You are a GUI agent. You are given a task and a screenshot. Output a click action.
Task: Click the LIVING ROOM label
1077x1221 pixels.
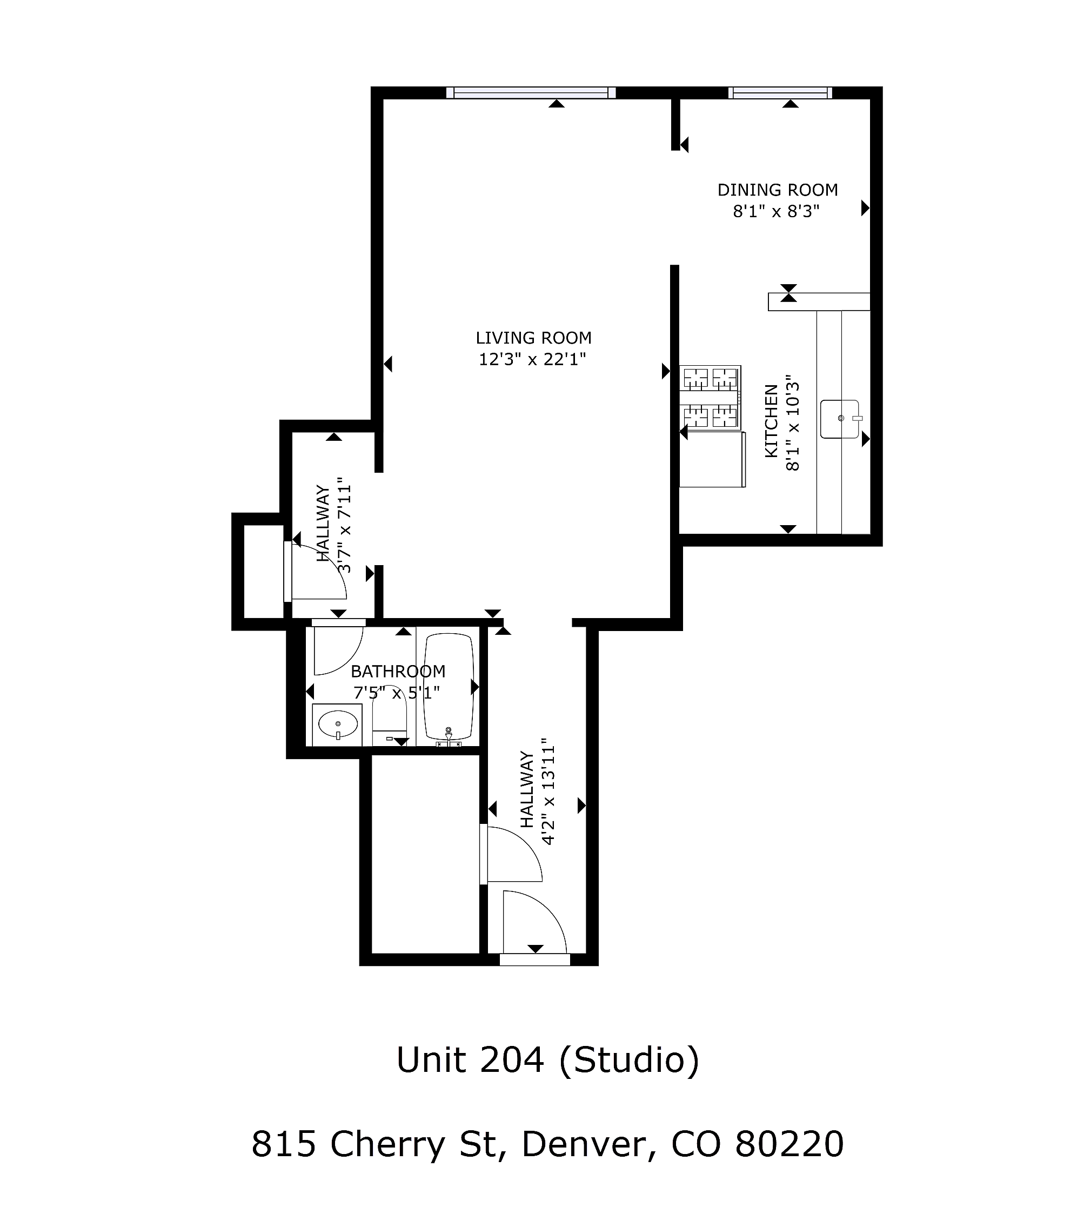tap(533, 338)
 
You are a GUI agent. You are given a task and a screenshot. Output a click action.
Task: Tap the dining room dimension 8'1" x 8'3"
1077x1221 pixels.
tap(776, 211)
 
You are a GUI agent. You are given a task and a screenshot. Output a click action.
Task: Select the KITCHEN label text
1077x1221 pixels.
tap(772, 421)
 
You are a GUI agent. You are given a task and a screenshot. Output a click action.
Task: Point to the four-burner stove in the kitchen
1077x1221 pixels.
tap(710, 398)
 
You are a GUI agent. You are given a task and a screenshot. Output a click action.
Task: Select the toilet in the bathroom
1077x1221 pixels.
tap(390, 715)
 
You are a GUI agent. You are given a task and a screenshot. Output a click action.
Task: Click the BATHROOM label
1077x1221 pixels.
tap(398, 672)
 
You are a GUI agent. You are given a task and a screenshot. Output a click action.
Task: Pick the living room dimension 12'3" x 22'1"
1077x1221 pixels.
tap(532, 360)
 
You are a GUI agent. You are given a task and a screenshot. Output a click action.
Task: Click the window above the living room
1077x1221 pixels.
tap(531, 92)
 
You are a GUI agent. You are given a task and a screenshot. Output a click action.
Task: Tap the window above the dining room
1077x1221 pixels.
tap(780, 92)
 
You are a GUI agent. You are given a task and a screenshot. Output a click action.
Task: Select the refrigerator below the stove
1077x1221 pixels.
tap(712, 459)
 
